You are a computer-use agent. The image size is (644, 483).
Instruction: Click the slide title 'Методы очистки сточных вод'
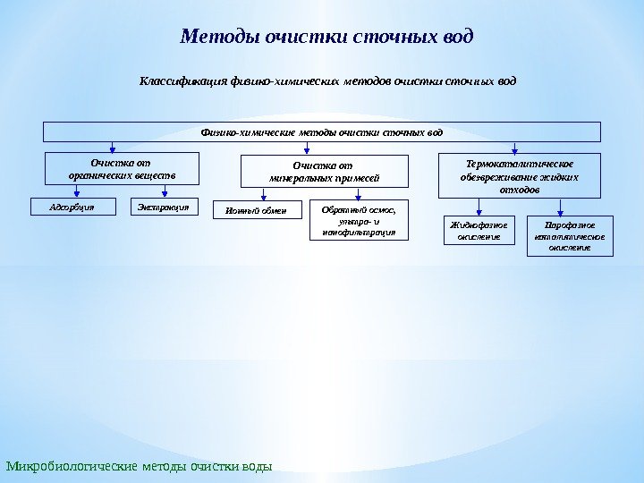(x=326, y=38)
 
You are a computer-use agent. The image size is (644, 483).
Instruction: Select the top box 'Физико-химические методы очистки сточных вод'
(x=322, y=132)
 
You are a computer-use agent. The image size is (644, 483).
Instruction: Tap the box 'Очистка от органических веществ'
(x=110, y=169)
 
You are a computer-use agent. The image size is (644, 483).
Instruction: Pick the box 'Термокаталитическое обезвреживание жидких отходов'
(x=520, y=176)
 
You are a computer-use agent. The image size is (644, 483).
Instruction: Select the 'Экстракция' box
(x=163, y=207)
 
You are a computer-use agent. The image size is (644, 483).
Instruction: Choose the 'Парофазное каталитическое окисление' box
(x=572, y=235)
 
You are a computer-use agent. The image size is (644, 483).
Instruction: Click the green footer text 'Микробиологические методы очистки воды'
(x=139, y=467)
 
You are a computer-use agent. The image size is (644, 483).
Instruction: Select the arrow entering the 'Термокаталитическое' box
(x=514, y=148)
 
